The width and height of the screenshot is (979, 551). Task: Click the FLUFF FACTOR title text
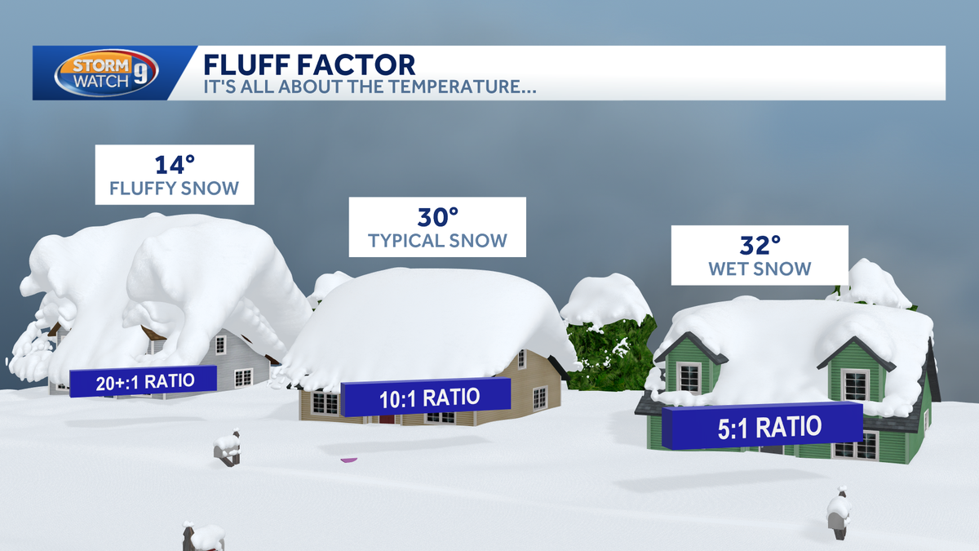pyautogui.click(x=308, y=64)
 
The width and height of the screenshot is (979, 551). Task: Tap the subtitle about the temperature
pyautogui.click(x=369, y=87)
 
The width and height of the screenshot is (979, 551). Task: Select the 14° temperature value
pyautogui.click(x=173, y=165)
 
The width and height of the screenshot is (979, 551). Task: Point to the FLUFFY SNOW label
pyautogui.click(x=174, y=189)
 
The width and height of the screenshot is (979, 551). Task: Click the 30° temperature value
pyautogui.click(x=437, y=217)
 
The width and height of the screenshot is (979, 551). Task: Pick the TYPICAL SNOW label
pyautogui.click(x=437, y=241)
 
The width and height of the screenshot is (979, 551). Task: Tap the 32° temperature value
pyautogui.click(x=759, y=244)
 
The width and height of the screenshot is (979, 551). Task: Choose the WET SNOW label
pyautogui.click(x=759, y=268)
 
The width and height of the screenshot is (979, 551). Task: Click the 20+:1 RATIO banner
pyautogui.click(x=144, y=381)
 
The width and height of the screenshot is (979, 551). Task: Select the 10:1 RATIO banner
pyautogui.click(x=426, y=398)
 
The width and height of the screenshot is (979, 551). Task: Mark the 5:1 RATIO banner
pyautogui.click(x=762, y=426)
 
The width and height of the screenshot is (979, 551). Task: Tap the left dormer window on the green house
pyautogui.click(x=689, y=376)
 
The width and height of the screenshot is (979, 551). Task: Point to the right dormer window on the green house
pyautogui.click(x=855, y=384)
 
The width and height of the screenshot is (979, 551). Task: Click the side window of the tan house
pyautogui.click(x=539, y=398)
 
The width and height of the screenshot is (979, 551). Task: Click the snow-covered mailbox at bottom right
pyautogui.click(x=837, y=512)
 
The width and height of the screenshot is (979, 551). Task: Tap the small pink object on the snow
pyautogui.click(x=348, y=461)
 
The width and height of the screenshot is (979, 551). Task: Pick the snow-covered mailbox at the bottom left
pyautogui.click(x=199, y=536)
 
